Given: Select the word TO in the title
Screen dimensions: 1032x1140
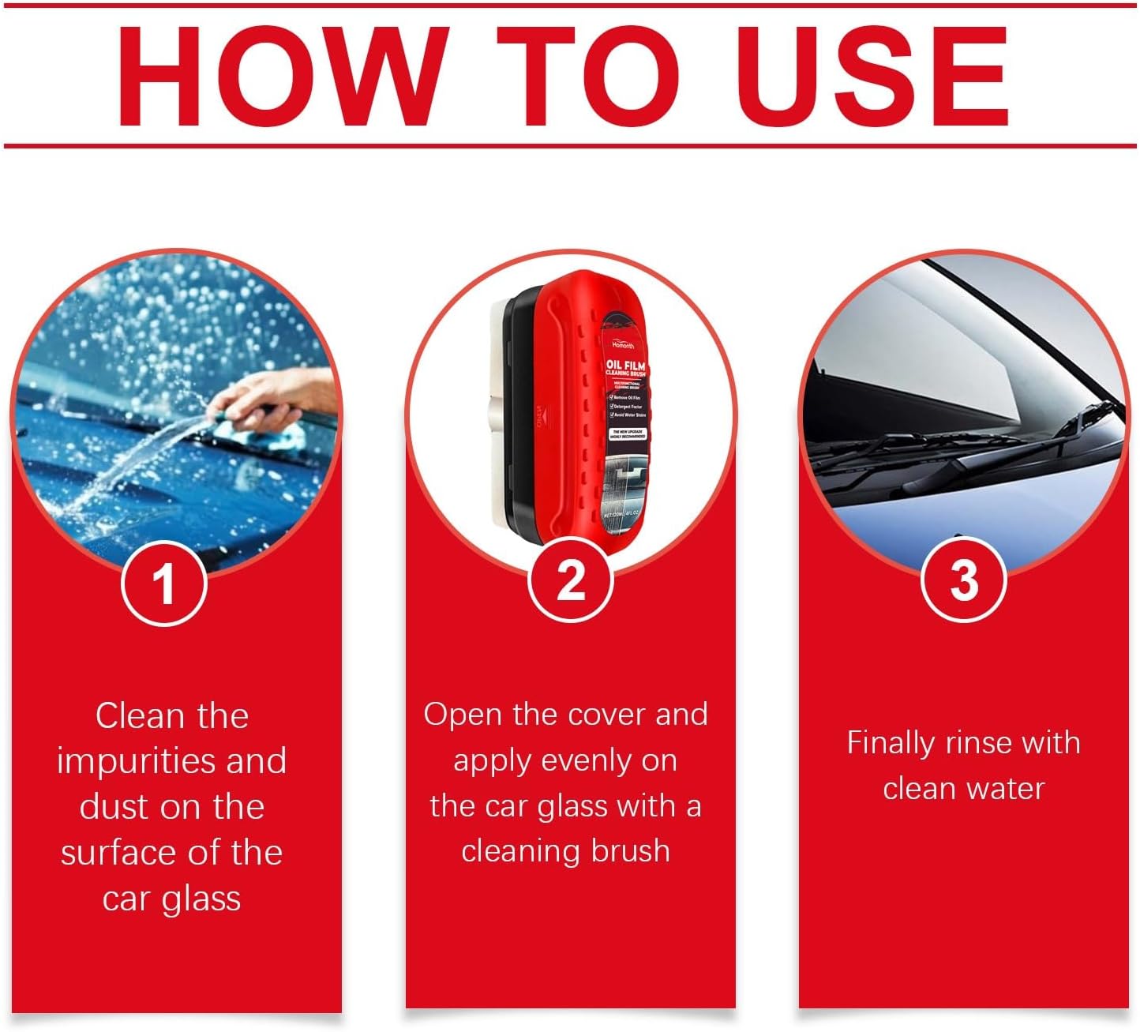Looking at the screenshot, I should pyautogui.click(x=587, y=77).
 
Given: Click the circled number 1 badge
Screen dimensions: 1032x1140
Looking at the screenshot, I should pyautogui.click(x=164, y=584).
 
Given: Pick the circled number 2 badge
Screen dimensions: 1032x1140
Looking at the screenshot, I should pyautogui.click(x=570, y=581).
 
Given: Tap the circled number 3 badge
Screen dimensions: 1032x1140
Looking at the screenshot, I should pyautogui.click(x=963, y=580).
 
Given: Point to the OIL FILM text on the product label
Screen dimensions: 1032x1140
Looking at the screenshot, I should pyautogui.click(x=625, y=366).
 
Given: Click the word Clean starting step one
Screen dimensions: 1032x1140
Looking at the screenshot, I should pyautogui.click(x=139, y=716).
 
